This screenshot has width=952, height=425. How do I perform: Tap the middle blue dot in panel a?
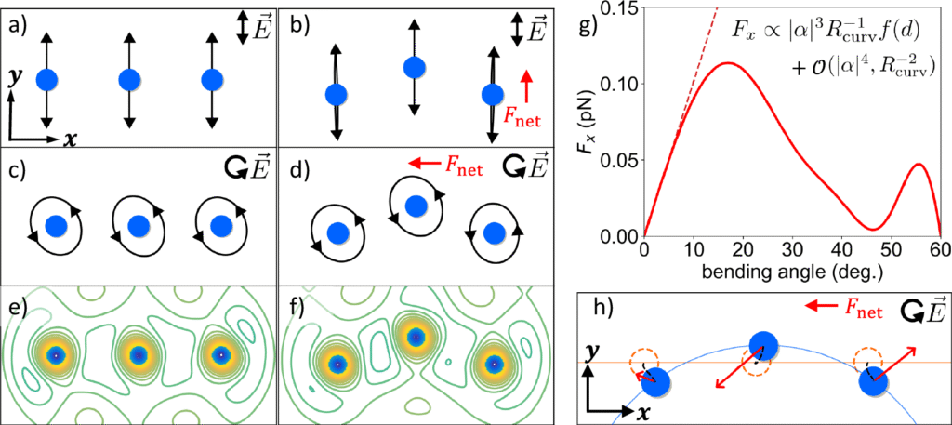(129, 80)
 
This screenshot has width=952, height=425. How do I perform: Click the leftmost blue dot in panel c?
(58, 225)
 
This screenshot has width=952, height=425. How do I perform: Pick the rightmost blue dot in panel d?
(496, 232)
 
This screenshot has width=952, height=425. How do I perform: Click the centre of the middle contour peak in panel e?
(139, 354)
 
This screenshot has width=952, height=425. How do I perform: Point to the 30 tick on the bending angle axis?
(793, 250)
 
